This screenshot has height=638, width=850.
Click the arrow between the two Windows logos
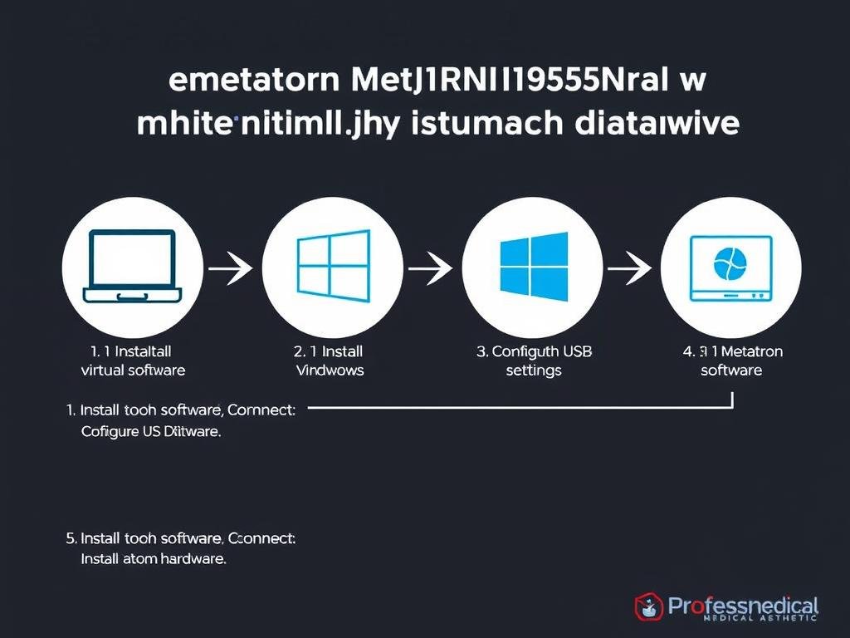tap(431, 268)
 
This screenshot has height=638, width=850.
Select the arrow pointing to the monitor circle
tap(629, 268)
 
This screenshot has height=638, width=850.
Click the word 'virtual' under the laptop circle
tap(101, 371)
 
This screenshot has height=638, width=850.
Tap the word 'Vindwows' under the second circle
tap(330, 371)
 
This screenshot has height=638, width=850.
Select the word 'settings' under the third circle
tap(534, 371)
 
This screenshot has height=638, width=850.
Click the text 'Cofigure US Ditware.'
tap(151, 432)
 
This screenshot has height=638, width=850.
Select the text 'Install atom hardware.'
tap(154, 559)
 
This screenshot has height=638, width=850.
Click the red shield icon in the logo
tap(648, 606)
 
